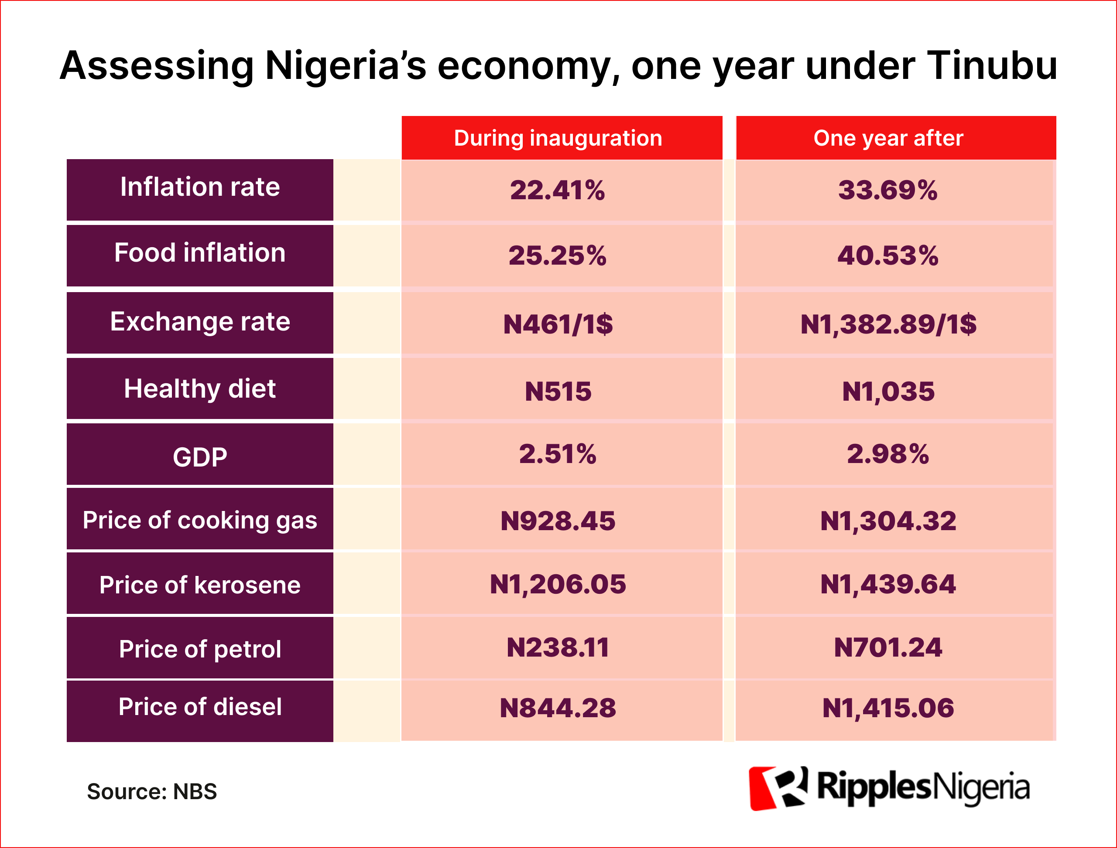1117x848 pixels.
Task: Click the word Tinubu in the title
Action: pyautogui.click(x=991, y=66)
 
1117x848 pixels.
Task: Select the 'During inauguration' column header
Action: pyautogui.click(x=558, y=138)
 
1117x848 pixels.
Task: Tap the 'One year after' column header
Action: pyautogui.click(x=888, y=138)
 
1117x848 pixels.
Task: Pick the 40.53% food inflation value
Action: pyautogui.click(x=887, y=256)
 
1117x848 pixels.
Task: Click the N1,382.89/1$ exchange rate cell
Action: pyautogui.click(x=888, y=324)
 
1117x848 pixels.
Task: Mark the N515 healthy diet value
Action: pyautogui.click(x=558, y=392)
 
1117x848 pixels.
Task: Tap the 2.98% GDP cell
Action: pyautogui.click(x=887, y=454)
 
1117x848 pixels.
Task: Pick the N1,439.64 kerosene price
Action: pyautogui.click(x=887, y=585)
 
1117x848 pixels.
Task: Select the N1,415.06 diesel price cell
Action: pyautogui.click(x=887, y=708)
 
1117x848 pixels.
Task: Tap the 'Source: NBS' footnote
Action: pyautogui.click(x=151, y=791)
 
